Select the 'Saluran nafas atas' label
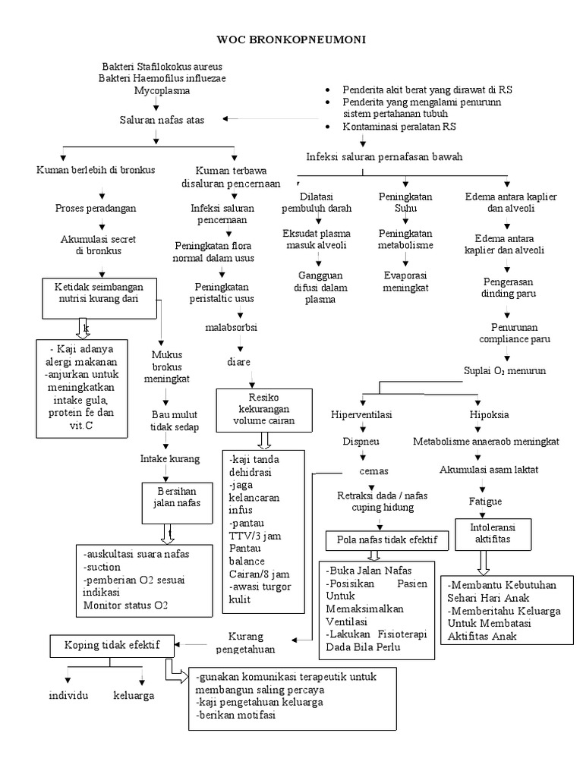(x=161, y=119)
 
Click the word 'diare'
(x=238, y=362)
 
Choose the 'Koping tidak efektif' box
(x=111, y=645)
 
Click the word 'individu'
(x=69, y=695)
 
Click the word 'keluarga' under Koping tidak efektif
(x=134, y=695)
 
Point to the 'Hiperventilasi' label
(x=362, y=415)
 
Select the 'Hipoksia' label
(x=489, y=415)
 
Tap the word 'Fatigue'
(x=485, y=502)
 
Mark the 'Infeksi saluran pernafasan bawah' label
(x=384, y=156)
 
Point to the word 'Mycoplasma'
(x=162, y=90)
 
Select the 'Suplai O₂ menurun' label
(x=504, y=370)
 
